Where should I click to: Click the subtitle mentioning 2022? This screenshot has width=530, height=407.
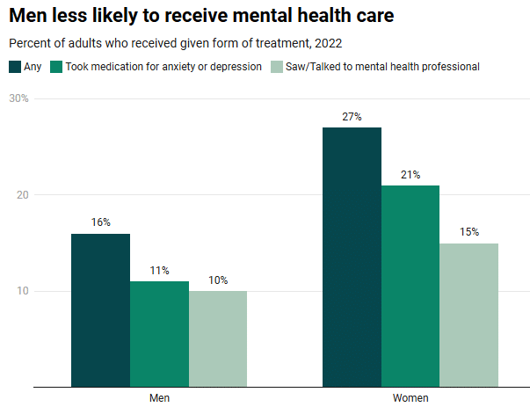[175, 43]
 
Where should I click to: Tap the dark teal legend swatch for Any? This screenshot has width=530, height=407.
[16, 67]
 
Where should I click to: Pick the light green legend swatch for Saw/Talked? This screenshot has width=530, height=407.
[277, 67]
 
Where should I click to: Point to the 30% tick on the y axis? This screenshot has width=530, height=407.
[18, 98]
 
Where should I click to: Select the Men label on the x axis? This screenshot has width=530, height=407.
[159, 398]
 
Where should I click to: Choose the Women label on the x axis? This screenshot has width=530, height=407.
[410, 398]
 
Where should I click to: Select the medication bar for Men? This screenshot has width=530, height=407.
[159, 334]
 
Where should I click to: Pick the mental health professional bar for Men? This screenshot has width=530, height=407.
[218, 338]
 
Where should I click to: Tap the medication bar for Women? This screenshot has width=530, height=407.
[410, 286]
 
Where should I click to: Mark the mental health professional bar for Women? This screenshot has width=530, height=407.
[469, 315]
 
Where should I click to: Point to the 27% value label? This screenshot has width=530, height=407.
[352, 117]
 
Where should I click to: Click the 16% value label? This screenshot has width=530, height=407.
[100, 222]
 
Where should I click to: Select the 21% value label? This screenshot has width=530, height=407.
[410, 175]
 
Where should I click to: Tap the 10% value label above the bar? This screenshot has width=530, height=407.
[218, 280]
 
